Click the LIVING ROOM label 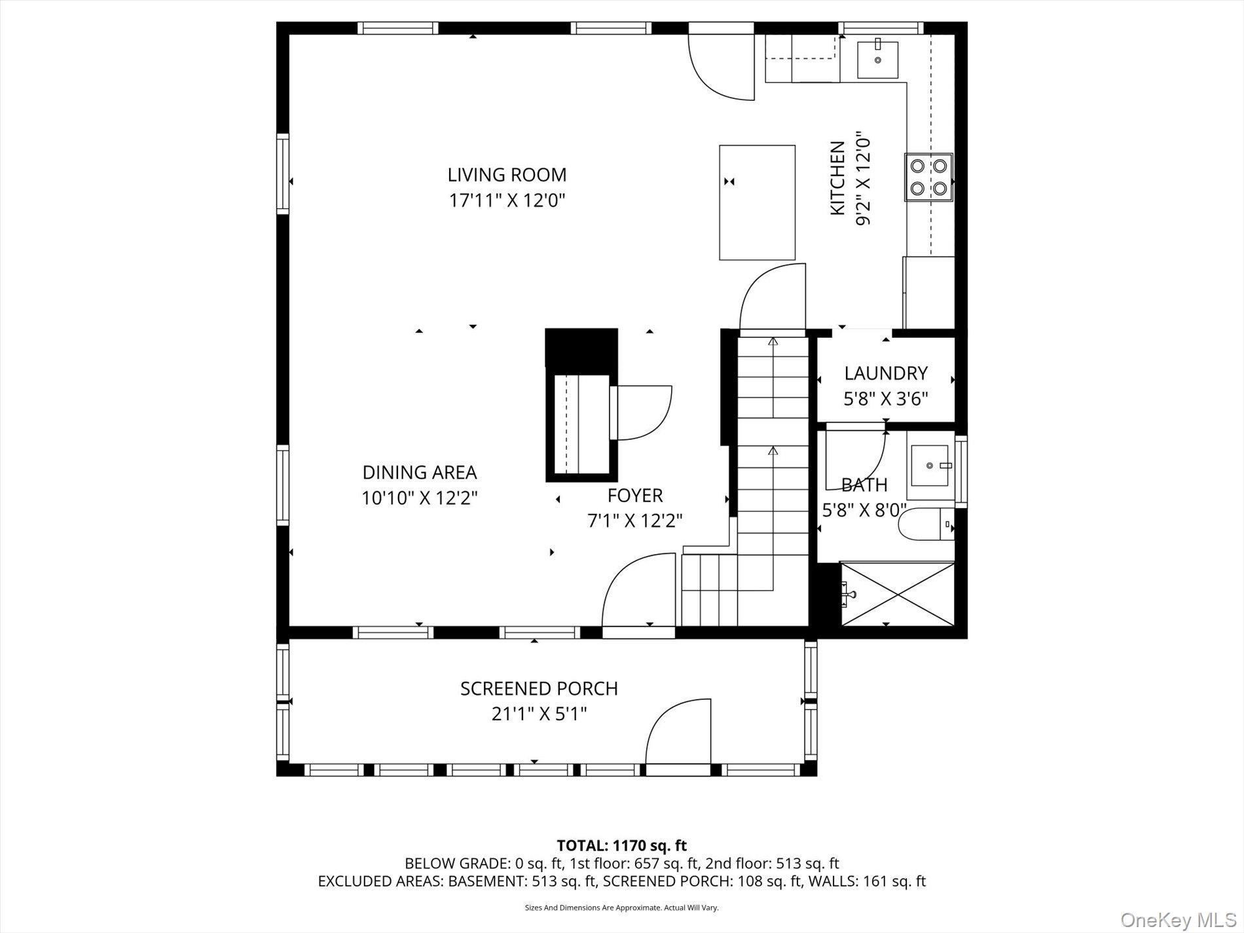tap(507, 175)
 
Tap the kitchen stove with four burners tap(928, 177)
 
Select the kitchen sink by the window tap(877, 59)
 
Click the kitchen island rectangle tap(757, 203)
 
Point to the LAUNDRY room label tap(885, 373)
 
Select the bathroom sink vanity tap(930, 465)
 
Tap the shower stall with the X tap(897, 593)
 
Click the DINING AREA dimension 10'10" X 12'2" tap(420, 498)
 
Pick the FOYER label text tap(634, 495)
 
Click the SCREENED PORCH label tap(539, 689)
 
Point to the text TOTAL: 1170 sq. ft tap(621, 846)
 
